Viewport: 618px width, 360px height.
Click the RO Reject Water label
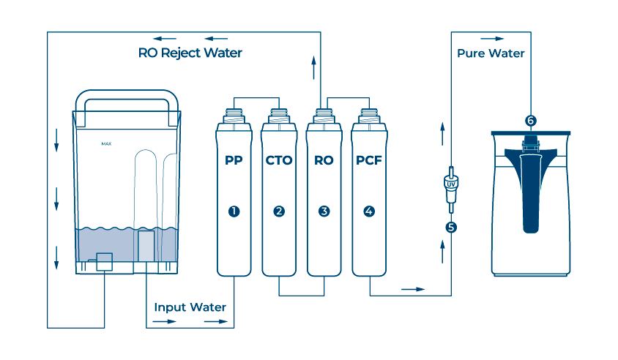(190, 53)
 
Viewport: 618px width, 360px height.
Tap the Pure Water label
(491, 53)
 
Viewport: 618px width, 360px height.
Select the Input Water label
(190, 307)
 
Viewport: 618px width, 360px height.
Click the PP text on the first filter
(234, 160)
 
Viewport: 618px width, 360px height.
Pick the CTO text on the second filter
(278, 160)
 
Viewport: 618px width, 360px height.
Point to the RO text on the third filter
(324, 160)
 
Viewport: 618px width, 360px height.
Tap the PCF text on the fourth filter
(369, 160)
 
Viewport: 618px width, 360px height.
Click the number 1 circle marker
(234, 211)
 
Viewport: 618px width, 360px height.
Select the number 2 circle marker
(279, 211)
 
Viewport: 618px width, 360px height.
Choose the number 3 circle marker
(324, 211)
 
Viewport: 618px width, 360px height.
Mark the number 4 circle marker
(369, 211)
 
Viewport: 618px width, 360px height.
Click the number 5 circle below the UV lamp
(451, 227)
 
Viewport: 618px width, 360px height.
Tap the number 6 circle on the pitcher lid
(531, 120)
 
